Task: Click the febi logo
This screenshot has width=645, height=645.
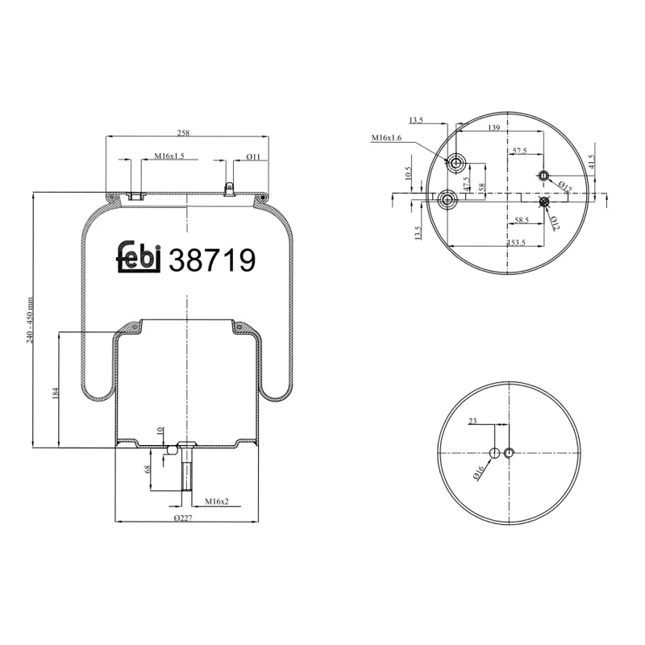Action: [x=142, y=259]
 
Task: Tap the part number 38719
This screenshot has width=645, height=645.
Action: [x=212, y=260]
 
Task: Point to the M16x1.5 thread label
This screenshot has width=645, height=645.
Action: [x=169, y=156]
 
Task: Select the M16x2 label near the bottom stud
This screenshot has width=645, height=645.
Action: [x=216, y=501]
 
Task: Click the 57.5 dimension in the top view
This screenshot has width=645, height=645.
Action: [x=518, y=151]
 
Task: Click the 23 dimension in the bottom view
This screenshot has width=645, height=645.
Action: [x=473, y=420]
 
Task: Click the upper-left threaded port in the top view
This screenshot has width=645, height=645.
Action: [x=456, y=164]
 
